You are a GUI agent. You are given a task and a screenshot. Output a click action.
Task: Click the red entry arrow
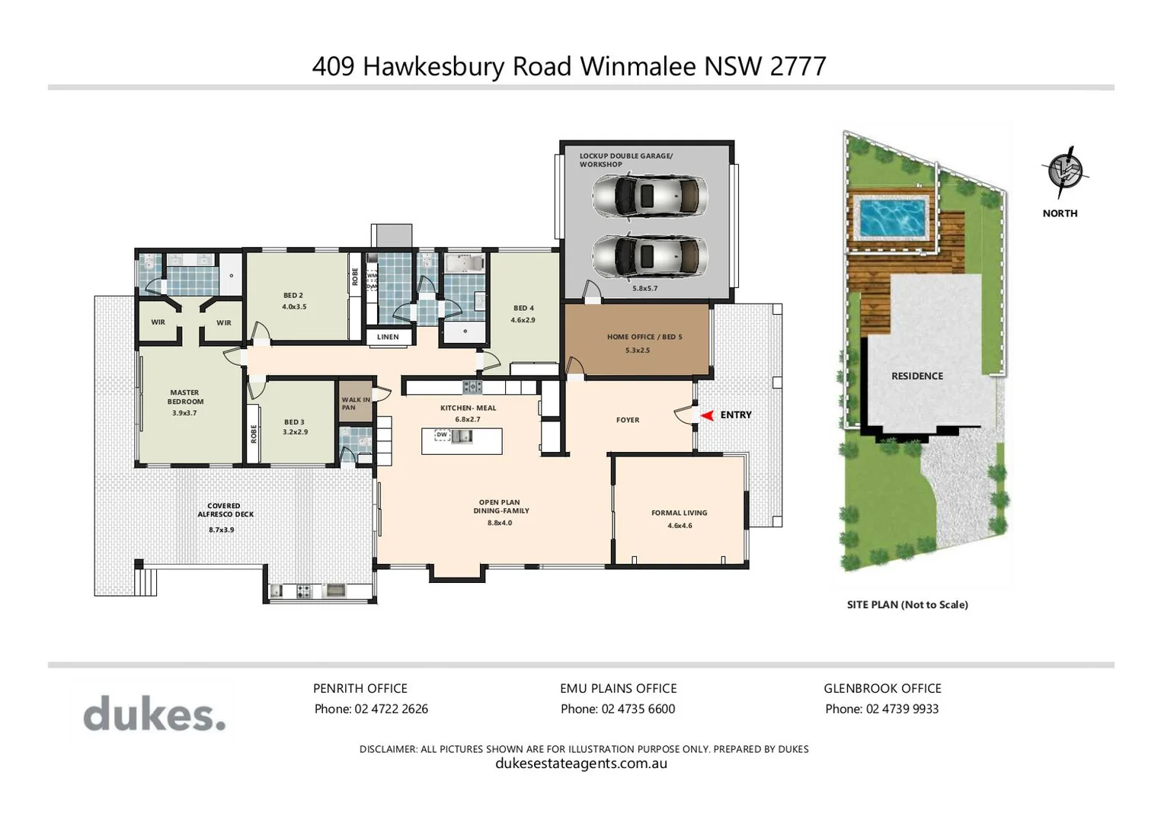707,415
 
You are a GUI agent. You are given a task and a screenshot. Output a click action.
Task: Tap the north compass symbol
1064,171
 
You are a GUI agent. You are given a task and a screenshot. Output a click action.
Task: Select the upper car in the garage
650,196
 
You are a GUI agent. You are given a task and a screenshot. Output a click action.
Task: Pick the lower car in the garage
650,255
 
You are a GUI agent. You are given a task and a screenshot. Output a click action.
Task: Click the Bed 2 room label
293,296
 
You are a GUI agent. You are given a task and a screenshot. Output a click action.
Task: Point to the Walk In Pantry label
355,403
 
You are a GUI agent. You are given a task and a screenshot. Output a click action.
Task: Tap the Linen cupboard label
388,337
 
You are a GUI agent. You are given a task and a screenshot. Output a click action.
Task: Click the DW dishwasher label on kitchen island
442,435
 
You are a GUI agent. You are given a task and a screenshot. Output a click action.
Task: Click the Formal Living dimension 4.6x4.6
680,526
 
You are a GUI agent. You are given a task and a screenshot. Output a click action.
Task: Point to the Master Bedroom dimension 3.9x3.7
184,413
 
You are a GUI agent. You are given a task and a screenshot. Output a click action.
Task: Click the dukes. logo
155,715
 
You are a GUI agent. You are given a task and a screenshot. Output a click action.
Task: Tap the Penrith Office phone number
391,709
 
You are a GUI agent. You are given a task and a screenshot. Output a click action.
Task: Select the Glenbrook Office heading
882,688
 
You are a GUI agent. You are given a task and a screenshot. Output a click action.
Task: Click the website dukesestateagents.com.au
581,764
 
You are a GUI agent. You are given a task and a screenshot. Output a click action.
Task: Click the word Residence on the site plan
917,376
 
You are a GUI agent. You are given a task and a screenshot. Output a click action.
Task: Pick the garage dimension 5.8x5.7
644,289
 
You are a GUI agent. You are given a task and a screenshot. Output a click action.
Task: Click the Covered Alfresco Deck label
225,510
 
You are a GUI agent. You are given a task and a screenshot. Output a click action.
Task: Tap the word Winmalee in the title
638,66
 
